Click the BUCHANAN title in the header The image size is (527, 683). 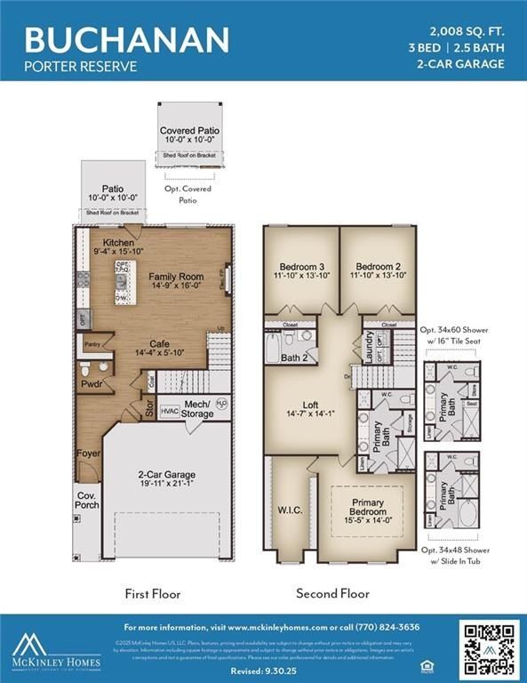tap(126, 39)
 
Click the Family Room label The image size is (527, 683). tap(176, 281)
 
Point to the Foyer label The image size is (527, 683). tap(89, 454)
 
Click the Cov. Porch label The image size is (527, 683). tap(87, 501)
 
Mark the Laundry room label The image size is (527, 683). tap(368, 342)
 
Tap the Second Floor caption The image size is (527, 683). tap(333, 593)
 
